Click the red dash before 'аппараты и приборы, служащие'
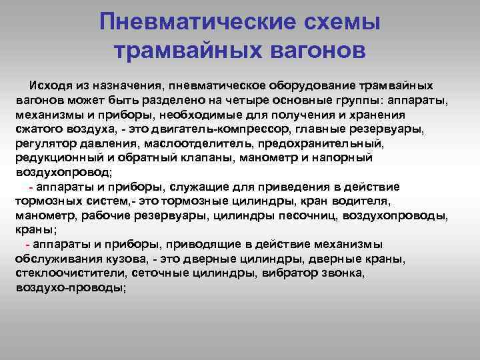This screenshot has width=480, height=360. click(x=31, y=187)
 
